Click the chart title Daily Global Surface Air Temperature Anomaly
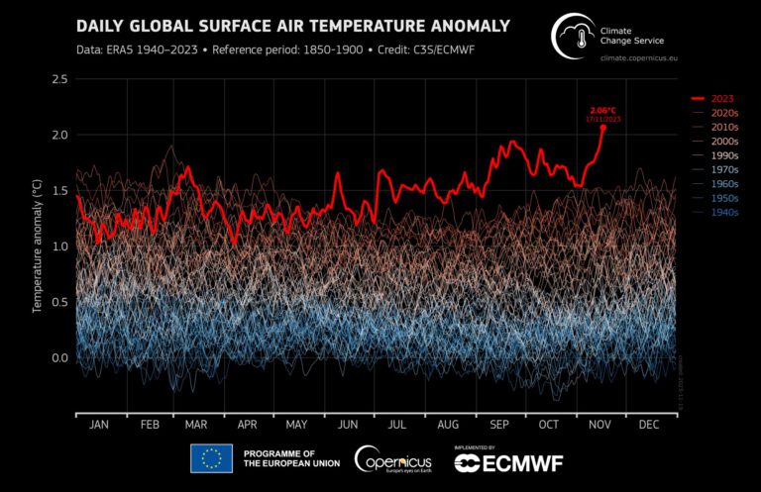click(x=293, y=25)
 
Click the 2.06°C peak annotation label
click(x=602, y=109)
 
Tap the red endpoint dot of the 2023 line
click(x=602, y=127)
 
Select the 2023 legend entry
click(x=716, y=100)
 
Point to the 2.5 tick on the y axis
click(x=57, y=78)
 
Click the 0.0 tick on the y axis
click(x=57, y=358)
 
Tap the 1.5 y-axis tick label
click(x=57, y=190)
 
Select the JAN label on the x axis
click(x=99, y=425)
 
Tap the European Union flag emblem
click(x=211, y=457)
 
